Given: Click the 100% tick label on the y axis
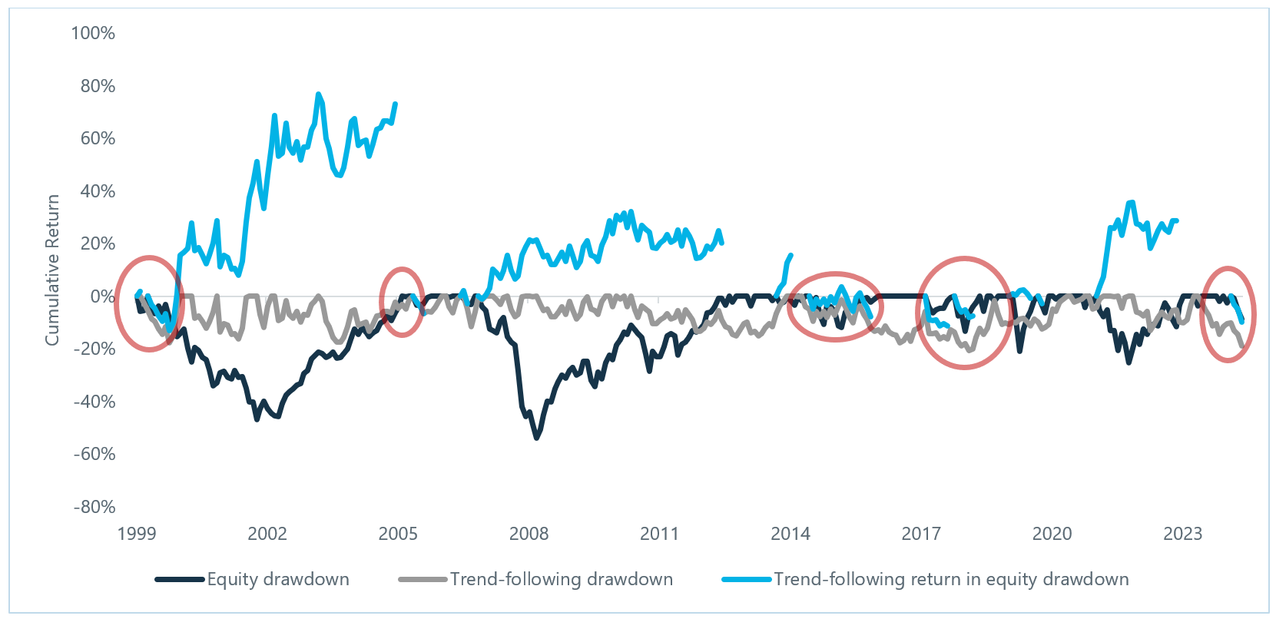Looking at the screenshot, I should tap(93, 33).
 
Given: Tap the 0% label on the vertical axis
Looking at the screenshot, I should tap(101, 296).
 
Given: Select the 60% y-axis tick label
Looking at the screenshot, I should tap(98, 138).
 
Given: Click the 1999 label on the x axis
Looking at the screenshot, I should tap(137, 534).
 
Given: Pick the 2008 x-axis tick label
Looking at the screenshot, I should tap(529, 534).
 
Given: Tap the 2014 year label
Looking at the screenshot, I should tap(790, 534).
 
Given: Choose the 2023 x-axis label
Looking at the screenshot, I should tap(1182, 534).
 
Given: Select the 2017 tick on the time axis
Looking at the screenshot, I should tap(921, 534).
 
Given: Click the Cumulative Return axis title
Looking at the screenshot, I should tap(52, 270).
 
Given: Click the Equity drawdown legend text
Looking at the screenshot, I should tap(278, 579).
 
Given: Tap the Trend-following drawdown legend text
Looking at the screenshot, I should tap(562, 579).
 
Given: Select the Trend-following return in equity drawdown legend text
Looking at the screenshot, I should tap(951, 579).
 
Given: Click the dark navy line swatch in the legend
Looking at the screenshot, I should tap(181, 579).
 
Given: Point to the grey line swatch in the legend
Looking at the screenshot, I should tap(423, 579).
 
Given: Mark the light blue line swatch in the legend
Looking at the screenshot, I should tap(747, 579).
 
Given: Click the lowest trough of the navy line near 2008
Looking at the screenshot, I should tap(536, 438).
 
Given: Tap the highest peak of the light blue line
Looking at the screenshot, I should tap(318, 94).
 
